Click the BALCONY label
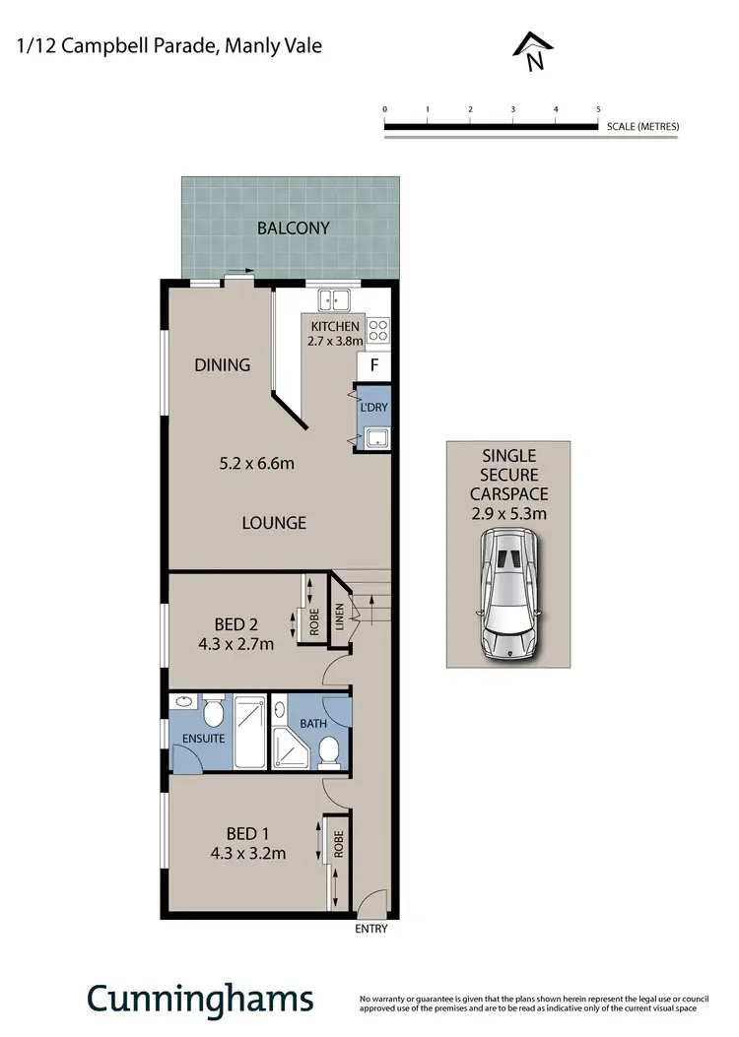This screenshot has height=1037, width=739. [x=293, y=227]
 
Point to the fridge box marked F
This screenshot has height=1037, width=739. [x=374, y=365]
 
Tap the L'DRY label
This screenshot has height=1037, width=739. [x=373, y=406]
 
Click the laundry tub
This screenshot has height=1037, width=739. [x=375, y=438]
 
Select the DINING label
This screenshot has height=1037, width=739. [x=222, y=364]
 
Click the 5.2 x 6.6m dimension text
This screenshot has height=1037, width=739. [x=256, y=461]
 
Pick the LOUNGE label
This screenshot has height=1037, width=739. [x=275, y=523]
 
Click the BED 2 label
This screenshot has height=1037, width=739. [x=236, y=623]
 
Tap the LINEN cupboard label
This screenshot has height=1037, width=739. [x=340, y=616]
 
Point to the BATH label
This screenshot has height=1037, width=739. [x=313, y=724]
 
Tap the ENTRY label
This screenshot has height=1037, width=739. [x=370, y=929]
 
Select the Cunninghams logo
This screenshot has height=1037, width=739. [x=201, y=998]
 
